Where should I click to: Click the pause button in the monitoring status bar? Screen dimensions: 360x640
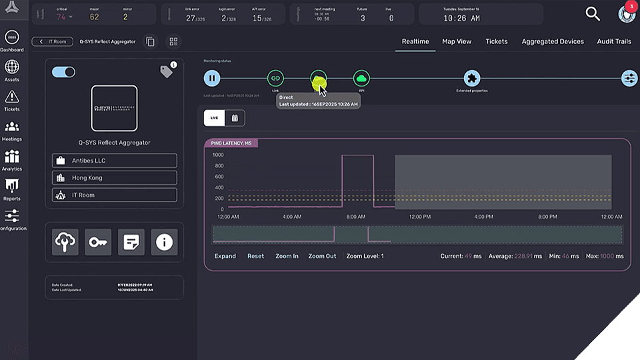click(x=212, y=79)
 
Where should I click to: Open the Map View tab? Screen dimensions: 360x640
click(x=457, y=41)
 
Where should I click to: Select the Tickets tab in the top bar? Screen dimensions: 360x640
click(x=497, y=41)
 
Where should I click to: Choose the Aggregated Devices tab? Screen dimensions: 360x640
click(x=553, y=41)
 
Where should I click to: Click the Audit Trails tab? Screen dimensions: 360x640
click(x=614, y=41)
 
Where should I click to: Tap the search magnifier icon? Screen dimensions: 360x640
click(x=593, y=13)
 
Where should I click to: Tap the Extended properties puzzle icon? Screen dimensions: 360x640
click(x=472, y=79)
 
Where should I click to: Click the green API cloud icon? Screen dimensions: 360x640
click(x=361, y=79)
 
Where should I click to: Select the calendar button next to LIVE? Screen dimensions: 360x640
click(x=235, y=118)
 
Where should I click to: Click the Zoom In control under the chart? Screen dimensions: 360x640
click(x=287, y=256)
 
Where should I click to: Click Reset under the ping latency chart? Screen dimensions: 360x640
click(x=255, y=256)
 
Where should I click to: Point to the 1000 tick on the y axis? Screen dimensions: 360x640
click(x=218, y=155)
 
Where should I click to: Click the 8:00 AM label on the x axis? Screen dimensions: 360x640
click(x=356, y=217)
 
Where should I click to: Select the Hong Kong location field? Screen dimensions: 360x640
click(x=115, y=178)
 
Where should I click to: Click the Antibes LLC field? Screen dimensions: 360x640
click(x=115, y=161)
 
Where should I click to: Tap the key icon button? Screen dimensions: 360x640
click(x=98, y=243)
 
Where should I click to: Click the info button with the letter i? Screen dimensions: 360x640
click(x=164, y=243)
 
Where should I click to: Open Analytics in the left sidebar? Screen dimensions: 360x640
click(x=11, y=160)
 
